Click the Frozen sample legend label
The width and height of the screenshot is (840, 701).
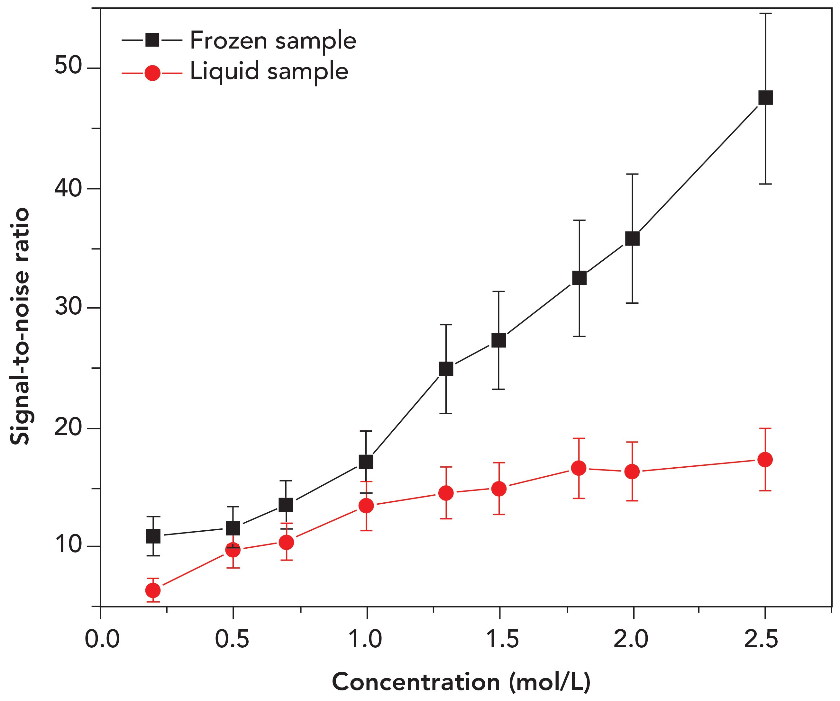click(x=273, y=40)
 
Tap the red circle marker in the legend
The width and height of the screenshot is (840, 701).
click(x=152, y=73)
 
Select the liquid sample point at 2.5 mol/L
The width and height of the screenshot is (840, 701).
click(x=765, y=460)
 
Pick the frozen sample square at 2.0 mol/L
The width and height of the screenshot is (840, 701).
click(x=632, y=239)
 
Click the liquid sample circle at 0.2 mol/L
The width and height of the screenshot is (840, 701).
click(x=153, y=590)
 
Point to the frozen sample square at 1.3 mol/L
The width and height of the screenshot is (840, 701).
click(x=446, y=369)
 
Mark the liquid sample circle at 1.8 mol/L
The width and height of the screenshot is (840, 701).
click(x=579, y=468)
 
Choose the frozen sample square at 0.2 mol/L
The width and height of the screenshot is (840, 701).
click(x=153, y=536)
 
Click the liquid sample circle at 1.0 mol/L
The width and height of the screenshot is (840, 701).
click(x=366, y=506)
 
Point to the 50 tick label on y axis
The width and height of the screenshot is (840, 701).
click(x=68, y=65)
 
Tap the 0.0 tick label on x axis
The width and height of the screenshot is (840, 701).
click(x=102, y=639)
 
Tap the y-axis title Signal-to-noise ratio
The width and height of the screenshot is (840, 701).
click(x=20, y=326)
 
